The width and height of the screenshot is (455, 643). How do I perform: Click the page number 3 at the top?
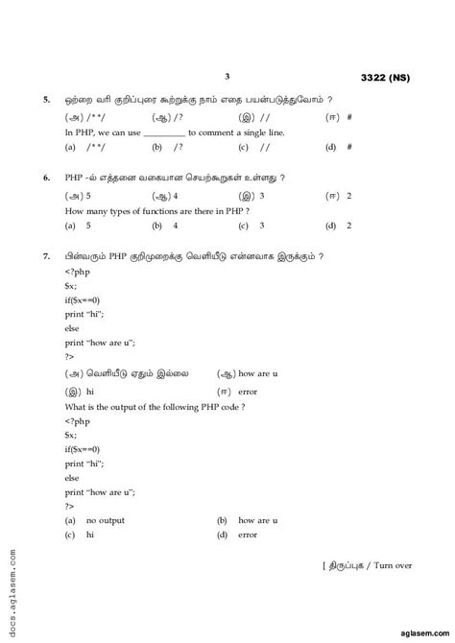227,76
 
